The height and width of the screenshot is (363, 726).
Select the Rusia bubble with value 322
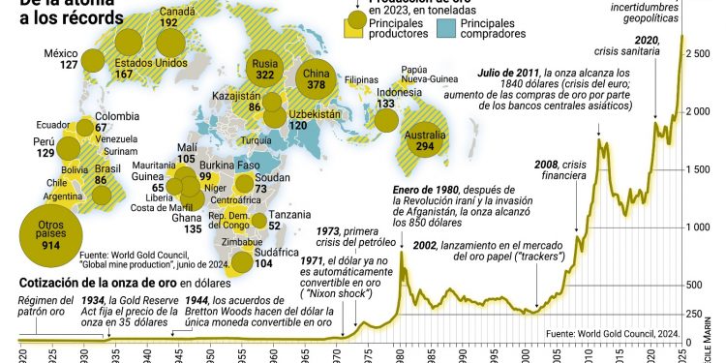point(263,68)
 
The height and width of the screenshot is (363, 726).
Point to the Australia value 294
point(424,147)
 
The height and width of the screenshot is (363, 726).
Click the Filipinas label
point(361,79)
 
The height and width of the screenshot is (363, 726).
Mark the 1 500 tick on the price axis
point(696,169)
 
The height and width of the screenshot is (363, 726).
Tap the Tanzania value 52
point(274,226)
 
